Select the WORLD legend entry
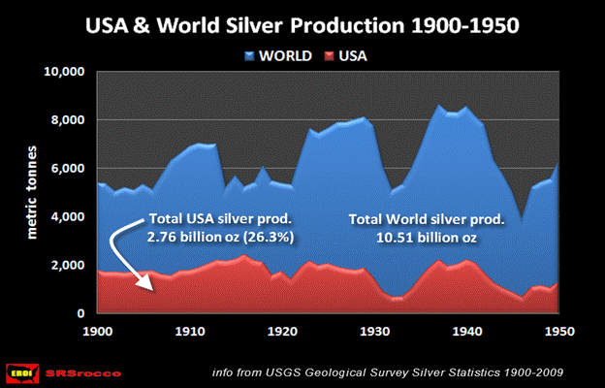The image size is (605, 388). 283,55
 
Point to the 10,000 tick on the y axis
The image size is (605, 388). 66,73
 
